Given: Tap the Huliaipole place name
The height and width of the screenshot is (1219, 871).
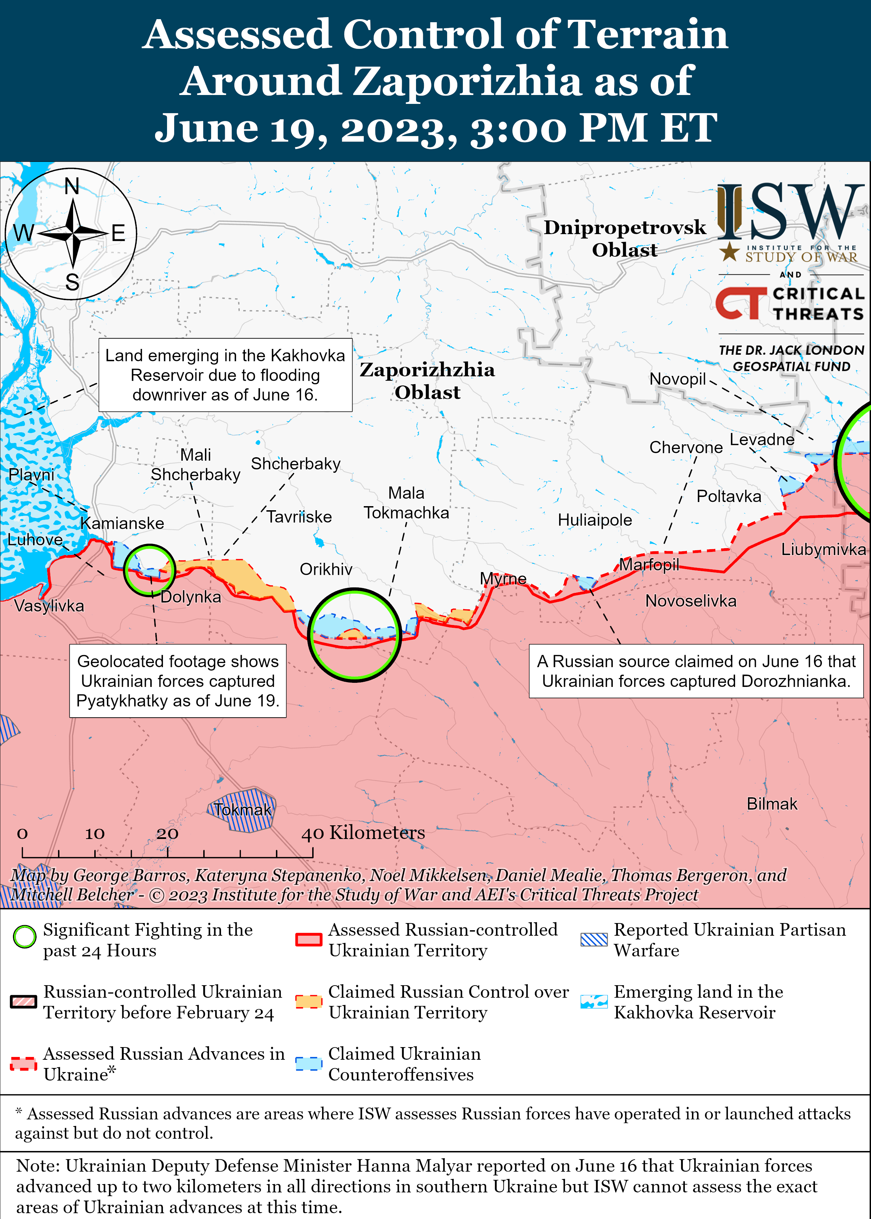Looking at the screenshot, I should point(595,520).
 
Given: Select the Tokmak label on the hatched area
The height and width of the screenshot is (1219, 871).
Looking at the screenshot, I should point(243,810).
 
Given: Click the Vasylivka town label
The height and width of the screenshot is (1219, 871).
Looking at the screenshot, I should point(49,606).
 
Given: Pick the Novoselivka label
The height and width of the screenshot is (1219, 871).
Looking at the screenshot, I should point(690,601).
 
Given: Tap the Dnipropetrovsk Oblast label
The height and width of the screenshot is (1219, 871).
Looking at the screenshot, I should point(624,238).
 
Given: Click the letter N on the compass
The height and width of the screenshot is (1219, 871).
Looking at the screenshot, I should point(72,187).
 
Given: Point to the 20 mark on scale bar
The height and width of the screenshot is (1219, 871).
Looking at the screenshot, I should point(167,833).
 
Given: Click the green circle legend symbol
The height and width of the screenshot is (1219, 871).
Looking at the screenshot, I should point(25,937).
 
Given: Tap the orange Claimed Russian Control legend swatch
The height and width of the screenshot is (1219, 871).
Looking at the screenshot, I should point(308,1001).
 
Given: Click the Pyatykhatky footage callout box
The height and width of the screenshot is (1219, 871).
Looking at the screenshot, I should point(178,681).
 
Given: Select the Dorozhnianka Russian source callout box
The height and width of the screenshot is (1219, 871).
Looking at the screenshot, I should point(696,671).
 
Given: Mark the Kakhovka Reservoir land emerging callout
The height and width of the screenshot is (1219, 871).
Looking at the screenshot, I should point(225,375).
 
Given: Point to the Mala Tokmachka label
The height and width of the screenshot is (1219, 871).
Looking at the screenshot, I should point(406,503).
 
